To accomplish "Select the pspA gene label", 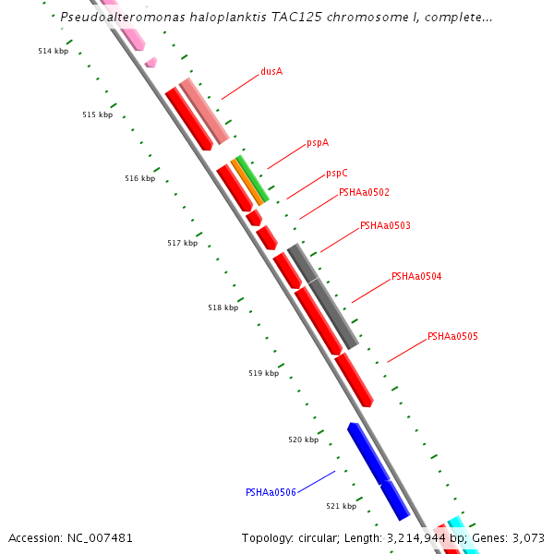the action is coord(318,143).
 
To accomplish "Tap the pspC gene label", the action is coord(337,173).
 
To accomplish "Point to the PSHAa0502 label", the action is coord(364,193).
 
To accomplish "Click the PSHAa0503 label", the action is coord(385,225).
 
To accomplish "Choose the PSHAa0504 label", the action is coord(416,276).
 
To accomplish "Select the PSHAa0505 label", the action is coord(452,336).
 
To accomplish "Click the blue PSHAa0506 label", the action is coord(271,492).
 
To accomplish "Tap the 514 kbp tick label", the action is coord(53,52).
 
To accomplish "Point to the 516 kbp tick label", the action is coord(139,178).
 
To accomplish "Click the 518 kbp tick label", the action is coord(223,307).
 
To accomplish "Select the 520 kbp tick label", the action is coord(303,440).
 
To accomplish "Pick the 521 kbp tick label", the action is coord(341,506).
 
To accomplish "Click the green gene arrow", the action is coord(252,179).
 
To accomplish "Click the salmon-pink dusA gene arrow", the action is coord(204,111).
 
